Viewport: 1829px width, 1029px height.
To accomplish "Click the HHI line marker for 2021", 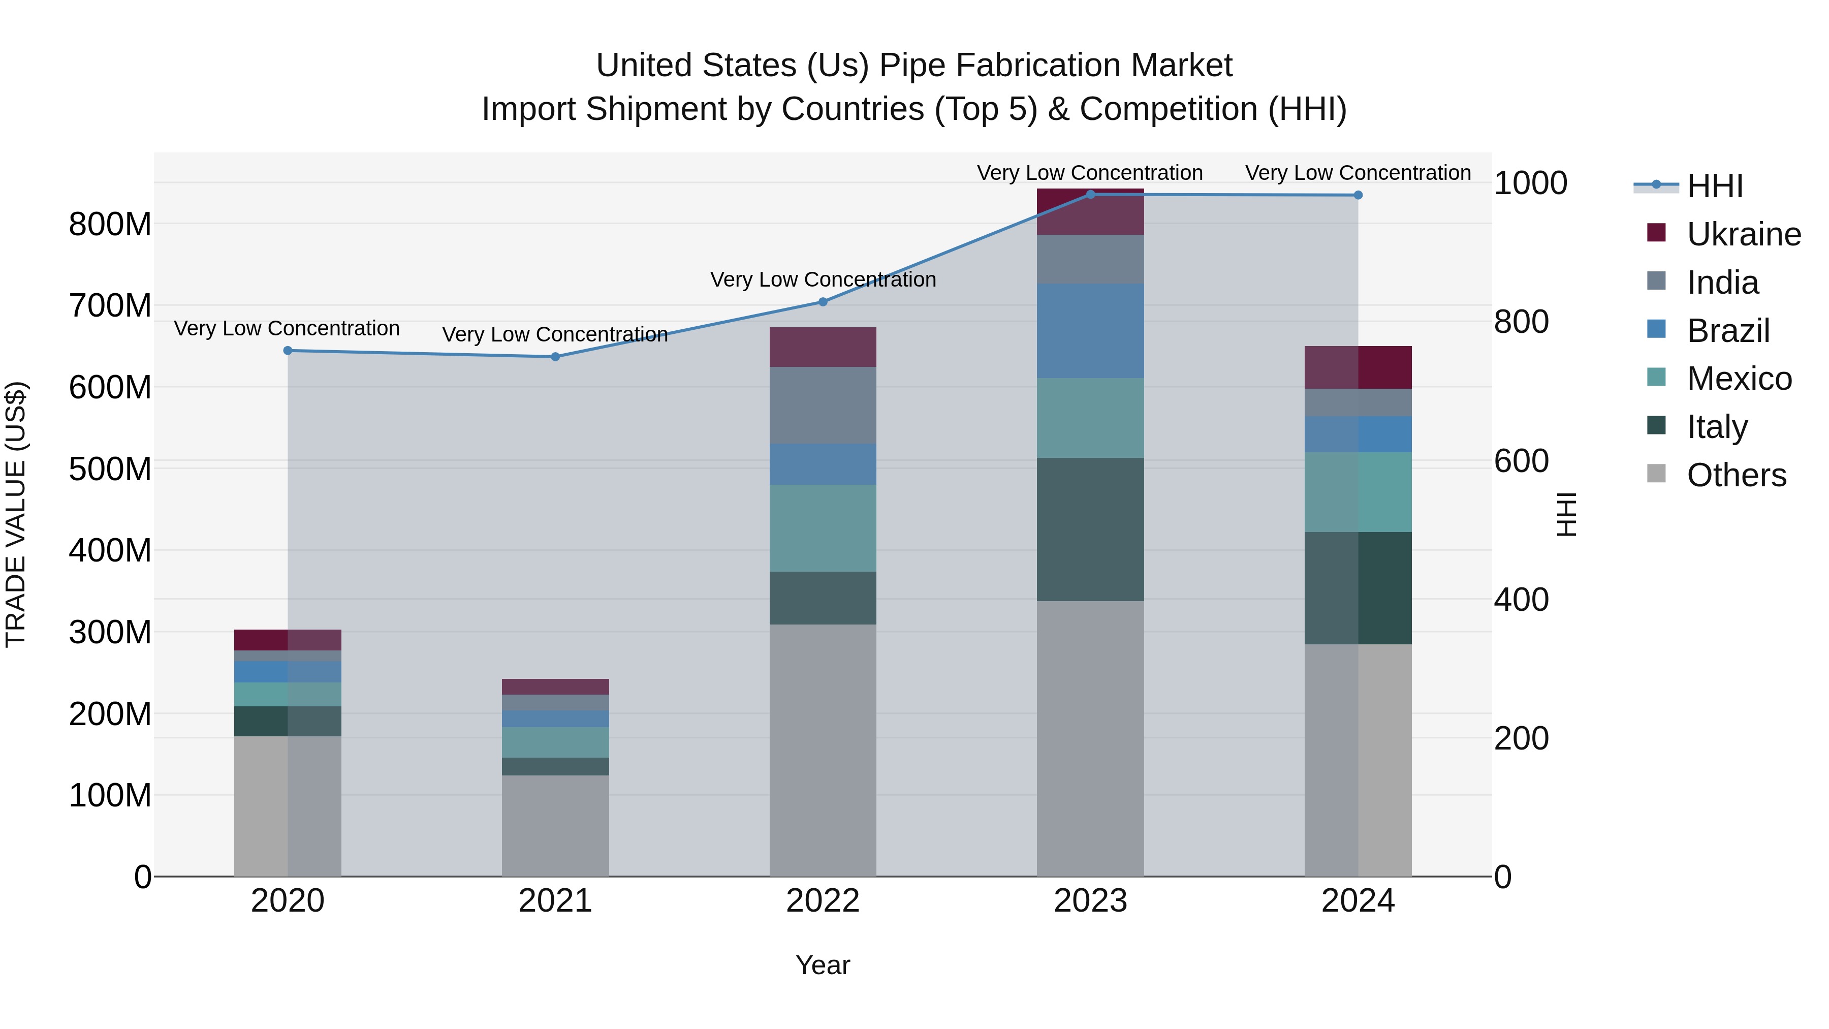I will click(555, 357).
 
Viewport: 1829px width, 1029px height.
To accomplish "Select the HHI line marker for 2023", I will click(1091, 194).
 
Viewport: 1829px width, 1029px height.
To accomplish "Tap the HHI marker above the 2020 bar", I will click(288, 350).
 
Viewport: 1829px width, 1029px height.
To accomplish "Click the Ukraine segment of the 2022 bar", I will click(823, 347).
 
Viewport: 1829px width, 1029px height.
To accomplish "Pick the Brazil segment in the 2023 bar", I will click(1091, 330).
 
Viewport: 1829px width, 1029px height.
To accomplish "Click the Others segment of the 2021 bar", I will click(555, 825).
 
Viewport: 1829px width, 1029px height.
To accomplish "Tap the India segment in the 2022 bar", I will click(823, 405).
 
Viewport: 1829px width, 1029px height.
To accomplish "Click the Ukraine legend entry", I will click(1744, 234).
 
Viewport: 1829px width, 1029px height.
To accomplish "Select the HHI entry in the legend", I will click(1714, 186).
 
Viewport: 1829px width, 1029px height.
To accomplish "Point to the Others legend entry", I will click(1736, 475).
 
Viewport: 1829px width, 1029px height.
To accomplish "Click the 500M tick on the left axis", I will click(110, 469).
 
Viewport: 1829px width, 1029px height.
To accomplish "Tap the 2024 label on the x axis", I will click(1358, 900).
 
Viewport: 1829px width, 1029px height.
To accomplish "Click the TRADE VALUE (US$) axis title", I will click(16, 514).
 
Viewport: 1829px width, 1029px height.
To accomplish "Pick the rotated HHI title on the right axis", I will click(1566, 514).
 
